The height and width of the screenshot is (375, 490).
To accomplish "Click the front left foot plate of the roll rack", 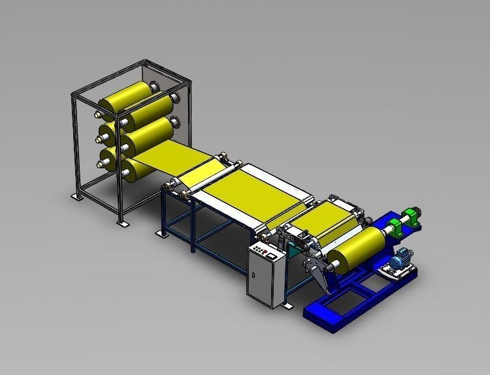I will coord(122,224).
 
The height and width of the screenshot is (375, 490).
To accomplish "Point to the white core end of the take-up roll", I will coord(333,264).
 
